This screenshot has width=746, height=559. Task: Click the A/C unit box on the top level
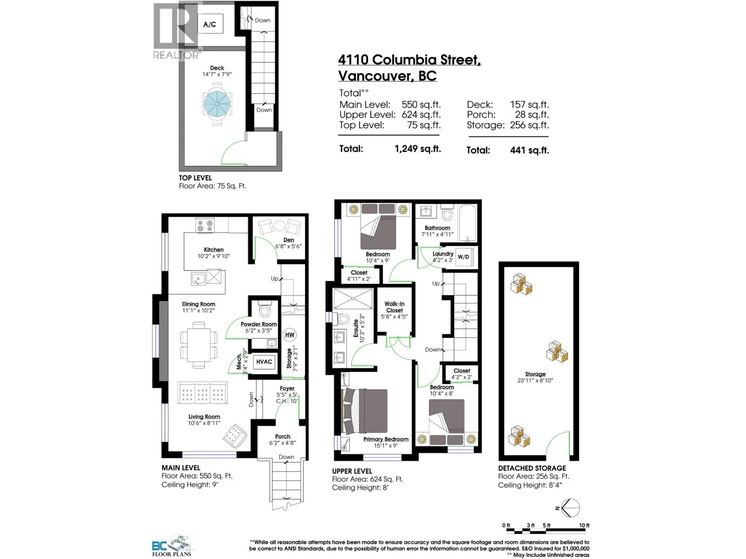pos(210,24)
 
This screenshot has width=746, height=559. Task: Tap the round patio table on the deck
pos(217,104)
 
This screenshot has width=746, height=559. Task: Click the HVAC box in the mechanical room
pos(264,362)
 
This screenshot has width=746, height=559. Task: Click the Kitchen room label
pos(214,250)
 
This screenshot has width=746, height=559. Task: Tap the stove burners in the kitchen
pos(205,225)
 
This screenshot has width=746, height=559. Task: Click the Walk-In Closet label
pos(394,307)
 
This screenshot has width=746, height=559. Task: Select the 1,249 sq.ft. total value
pos(417,149)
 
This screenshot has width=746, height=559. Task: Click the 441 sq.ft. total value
pos(529,150)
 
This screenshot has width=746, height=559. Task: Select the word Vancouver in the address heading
pos(375,76)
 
